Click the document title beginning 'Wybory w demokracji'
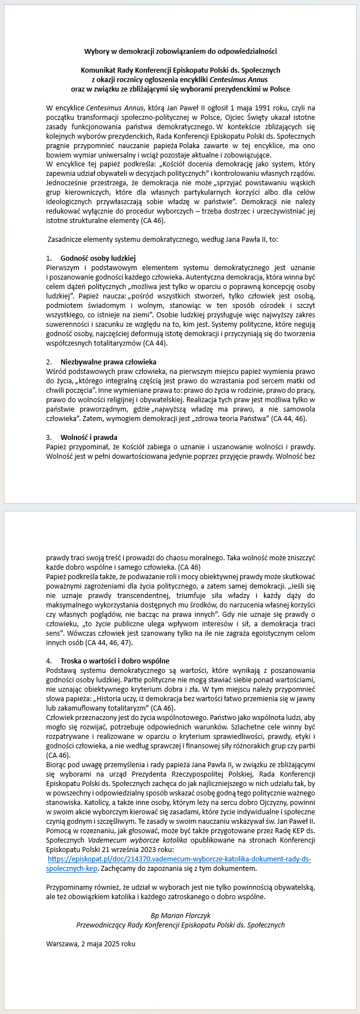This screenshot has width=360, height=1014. coord(180,52)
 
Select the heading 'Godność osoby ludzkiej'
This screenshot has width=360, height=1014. coord(98,258)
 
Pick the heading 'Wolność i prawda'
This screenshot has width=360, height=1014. coord(89,437)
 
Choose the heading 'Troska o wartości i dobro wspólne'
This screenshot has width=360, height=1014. coord(115,661)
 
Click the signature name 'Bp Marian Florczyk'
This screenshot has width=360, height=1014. coord(180,915)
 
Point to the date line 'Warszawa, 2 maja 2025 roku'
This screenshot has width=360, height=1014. coord(90,943)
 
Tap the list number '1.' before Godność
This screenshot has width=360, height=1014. coord(49,258)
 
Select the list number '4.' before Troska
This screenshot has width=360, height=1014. coord(49,661)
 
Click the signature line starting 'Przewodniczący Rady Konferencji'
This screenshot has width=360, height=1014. coord(180,925)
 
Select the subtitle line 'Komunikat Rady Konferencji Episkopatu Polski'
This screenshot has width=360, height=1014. coord(180,70)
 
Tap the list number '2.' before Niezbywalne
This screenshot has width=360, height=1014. coord(49,362)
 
